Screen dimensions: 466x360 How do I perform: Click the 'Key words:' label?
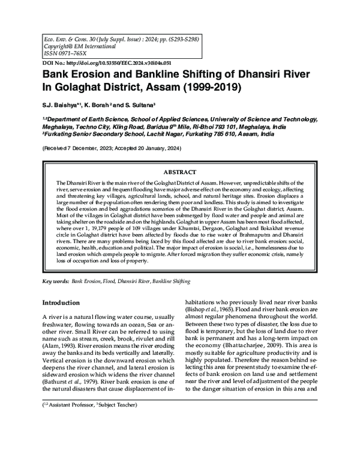[x=55, y=281]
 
